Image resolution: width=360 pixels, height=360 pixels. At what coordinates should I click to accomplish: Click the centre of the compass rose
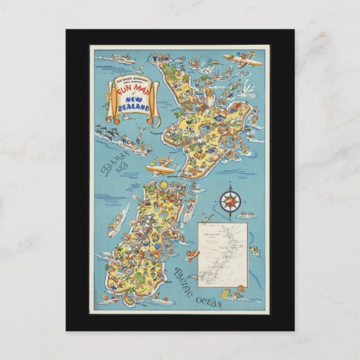coord(230,199)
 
